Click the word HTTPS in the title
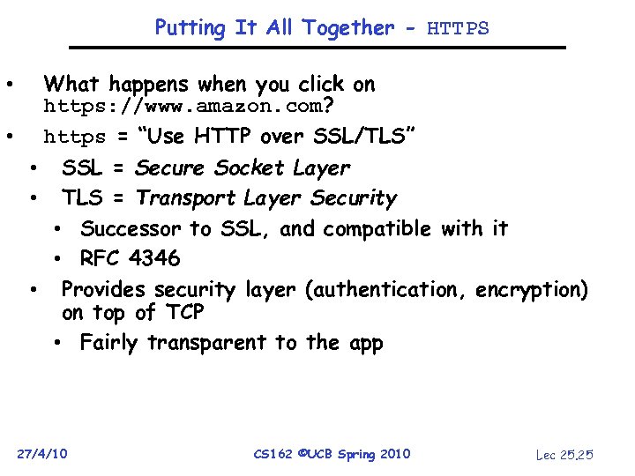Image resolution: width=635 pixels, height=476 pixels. click(x=458, y=29)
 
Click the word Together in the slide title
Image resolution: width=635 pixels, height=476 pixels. click(x=347, y=28)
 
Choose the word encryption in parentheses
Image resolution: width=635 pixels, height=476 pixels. click(x=531, y=290)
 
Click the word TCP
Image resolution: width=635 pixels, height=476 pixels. click(x=183, y=313)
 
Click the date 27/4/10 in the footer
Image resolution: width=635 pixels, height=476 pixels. click(x=42, y=454)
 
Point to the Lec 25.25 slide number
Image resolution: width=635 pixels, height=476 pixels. click(x=564, y=455)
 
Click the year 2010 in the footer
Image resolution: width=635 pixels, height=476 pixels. click(x=393, y=454)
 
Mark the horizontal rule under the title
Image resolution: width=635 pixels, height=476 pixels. click(x=317, y=48)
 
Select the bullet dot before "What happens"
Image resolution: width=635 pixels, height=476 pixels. click(x=8, y=86)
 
